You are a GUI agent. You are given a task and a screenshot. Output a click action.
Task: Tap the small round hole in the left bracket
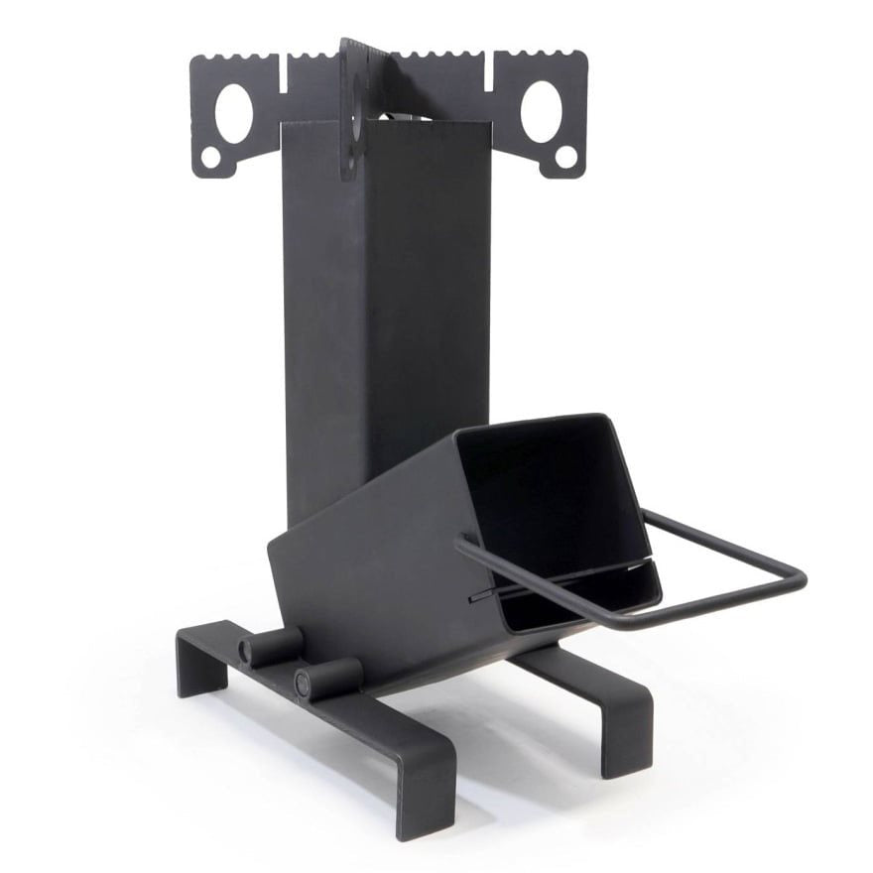click(211, 157)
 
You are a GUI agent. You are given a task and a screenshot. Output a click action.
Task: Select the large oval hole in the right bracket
click(541, 108)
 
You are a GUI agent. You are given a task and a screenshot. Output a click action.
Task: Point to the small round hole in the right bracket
click(565, 156)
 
